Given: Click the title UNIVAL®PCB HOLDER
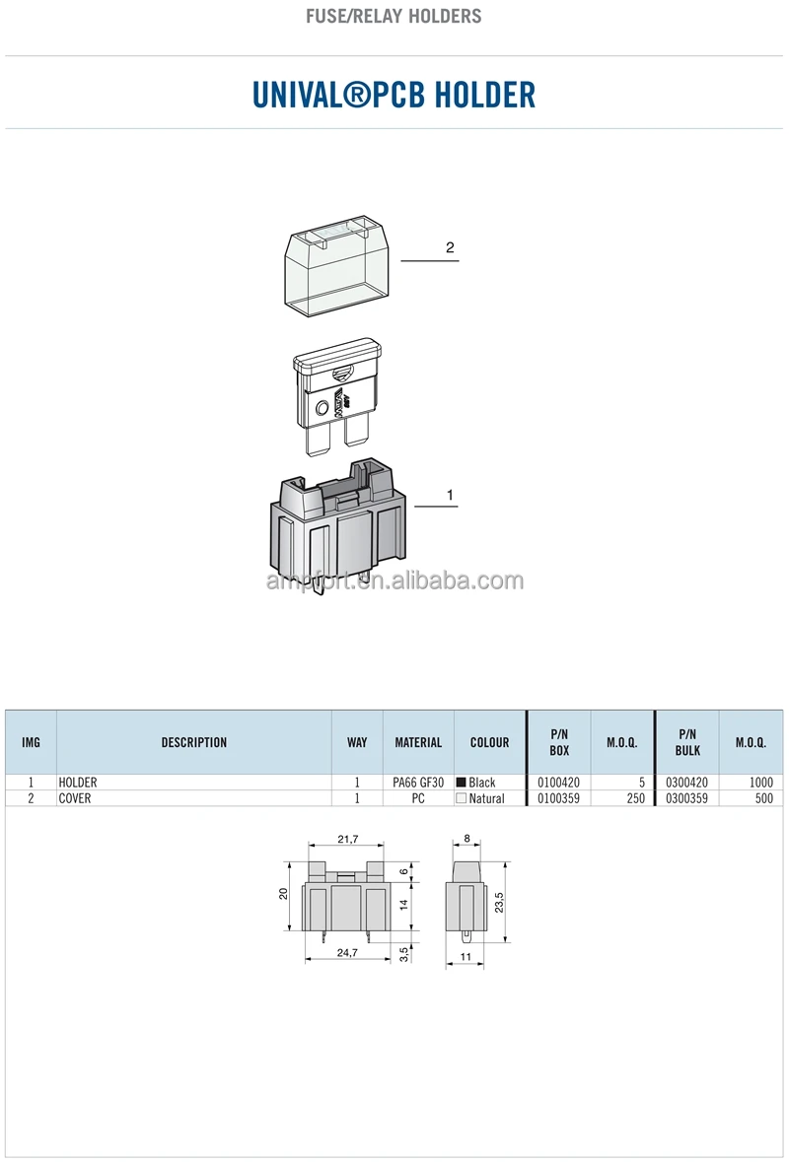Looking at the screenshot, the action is [x=394, y=95].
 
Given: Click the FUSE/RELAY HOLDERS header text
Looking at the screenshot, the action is [x=394, y=16].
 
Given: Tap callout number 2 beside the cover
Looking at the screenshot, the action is [x=450, y=247].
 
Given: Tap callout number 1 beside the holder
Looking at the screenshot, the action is [x=451, y=495].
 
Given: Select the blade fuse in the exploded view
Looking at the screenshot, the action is [x=337, y=394].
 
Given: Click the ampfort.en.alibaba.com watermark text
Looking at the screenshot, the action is [x=394, y=581].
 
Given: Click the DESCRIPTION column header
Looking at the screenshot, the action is [x=194, y=742].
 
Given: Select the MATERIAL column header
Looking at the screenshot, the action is [x=418, y=742].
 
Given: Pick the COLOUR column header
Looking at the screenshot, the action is [x=489, y=742].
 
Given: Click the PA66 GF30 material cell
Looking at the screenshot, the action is [x=418, y=783].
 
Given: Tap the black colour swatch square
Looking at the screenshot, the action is [x=461, y=783].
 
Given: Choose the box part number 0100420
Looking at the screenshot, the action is [x=558, y=783].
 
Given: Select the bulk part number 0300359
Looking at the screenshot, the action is [x=687, y=798].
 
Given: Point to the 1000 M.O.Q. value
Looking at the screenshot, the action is [x=760, y=783].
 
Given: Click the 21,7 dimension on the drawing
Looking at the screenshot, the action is [x=347, y=839].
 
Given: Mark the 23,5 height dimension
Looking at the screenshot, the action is [x=498, y=902].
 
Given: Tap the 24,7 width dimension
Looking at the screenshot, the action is [x=346, y=953].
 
